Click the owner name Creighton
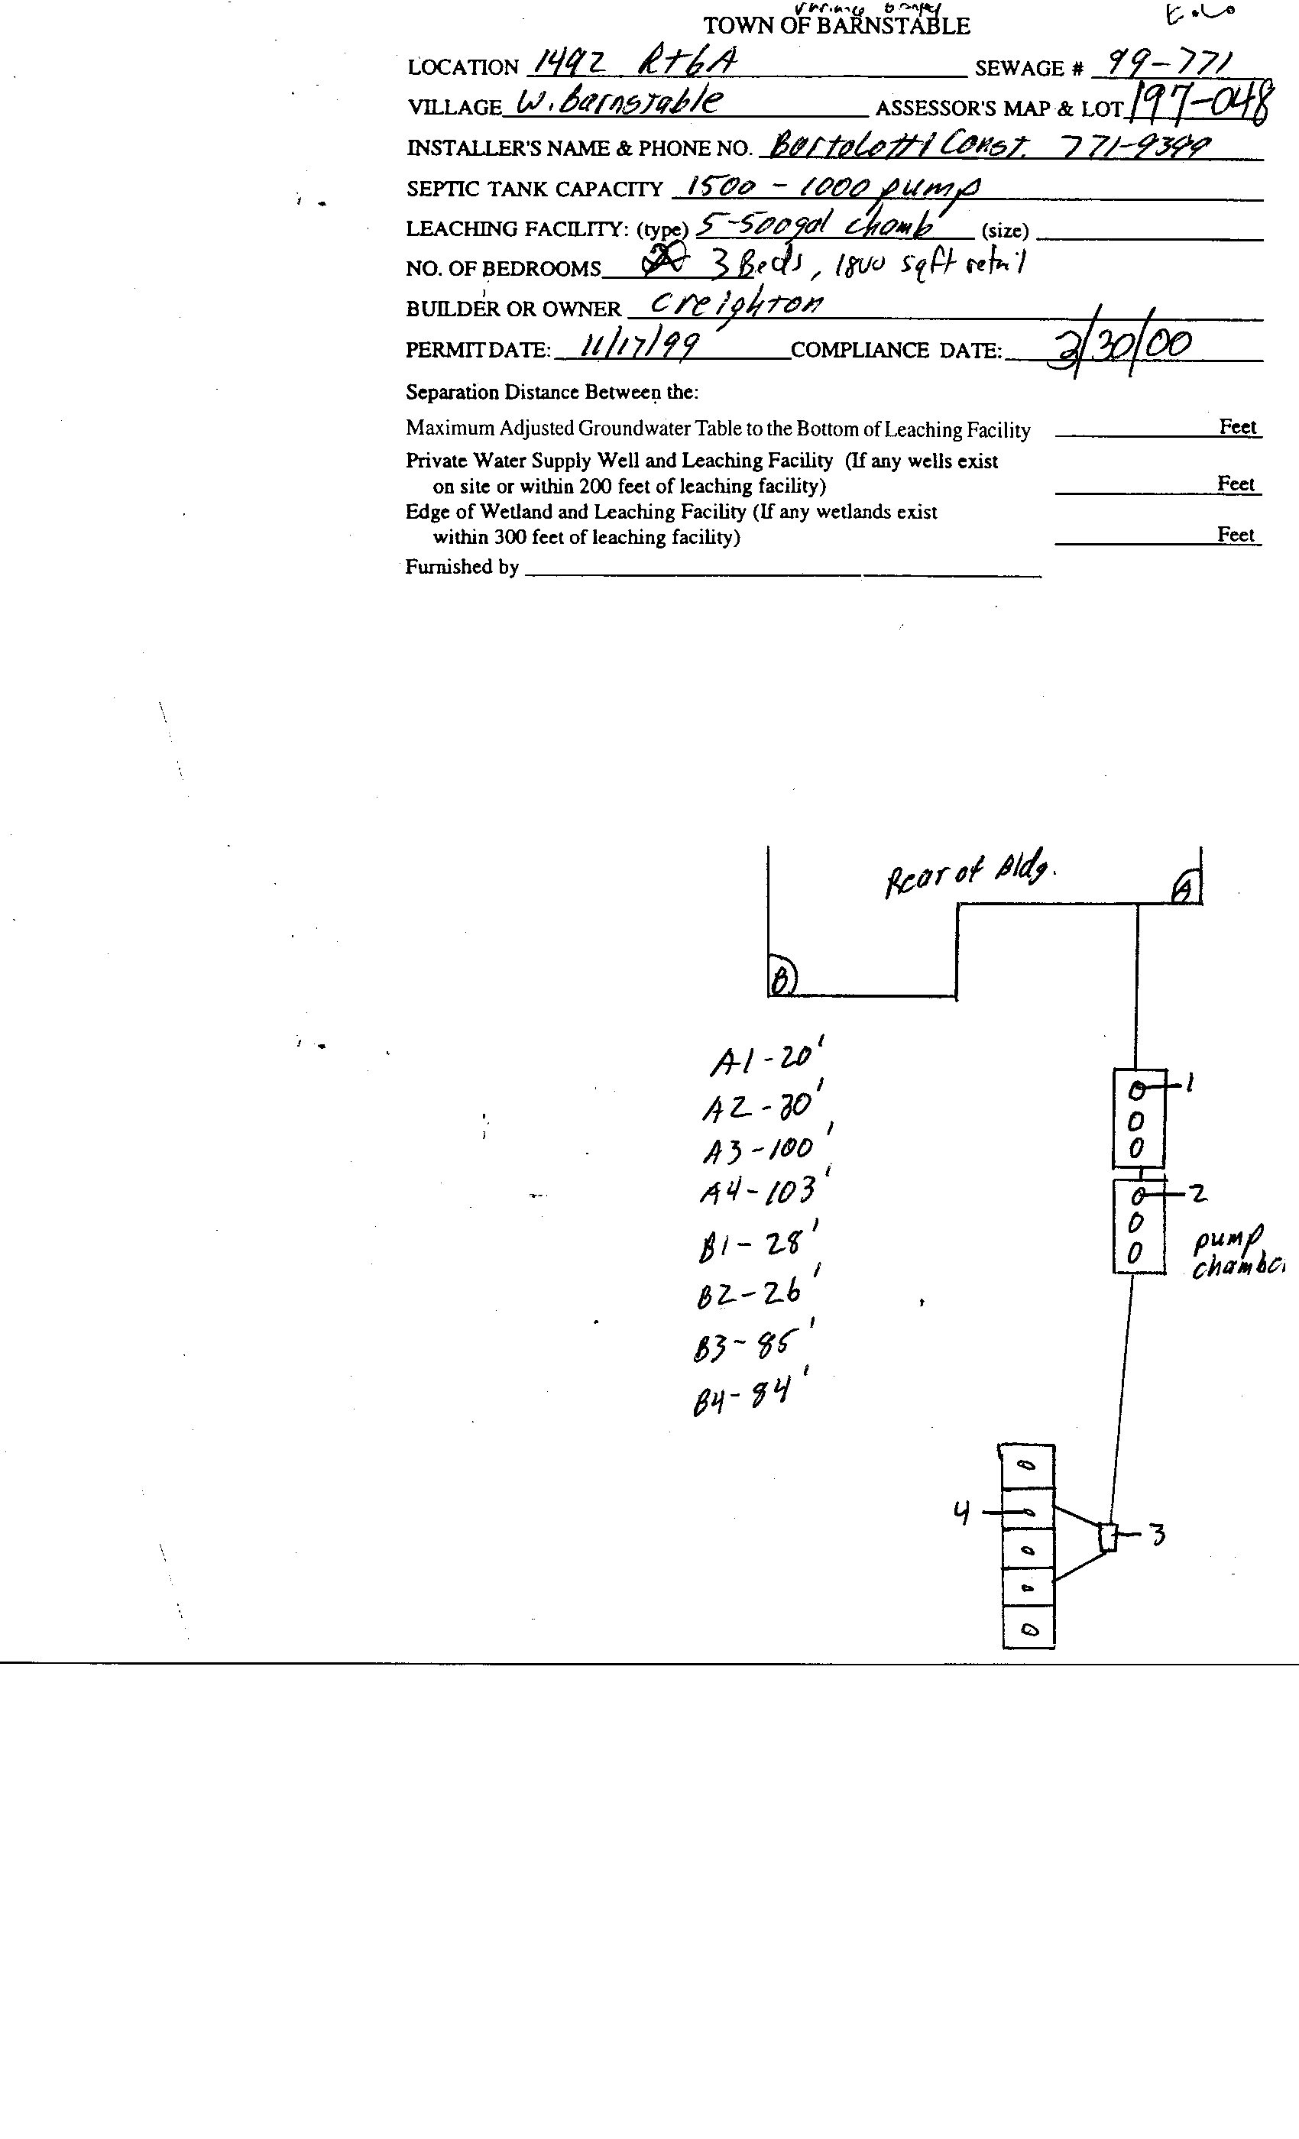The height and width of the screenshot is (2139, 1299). click(737, 303)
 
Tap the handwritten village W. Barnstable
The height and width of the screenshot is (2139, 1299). click(618, 103)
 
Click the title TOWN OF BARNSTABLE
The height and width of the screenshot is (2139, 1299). click(835, 26)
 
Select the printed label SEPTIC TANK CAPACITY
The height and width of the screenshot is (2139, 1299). click(534, 189)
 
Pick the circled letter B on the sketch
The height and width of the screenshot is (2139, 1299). click(782, 980)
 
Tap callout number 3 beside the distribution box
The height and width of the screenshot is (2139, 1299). click(1157, 1535)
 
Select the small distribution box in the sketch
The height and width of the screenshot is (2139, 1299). click(1107, 1537)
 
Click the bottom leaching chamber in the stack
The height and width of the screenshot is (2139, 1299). click(1028, 1629)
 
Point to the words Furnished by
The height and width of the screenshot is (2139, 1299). click(462, 567)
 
